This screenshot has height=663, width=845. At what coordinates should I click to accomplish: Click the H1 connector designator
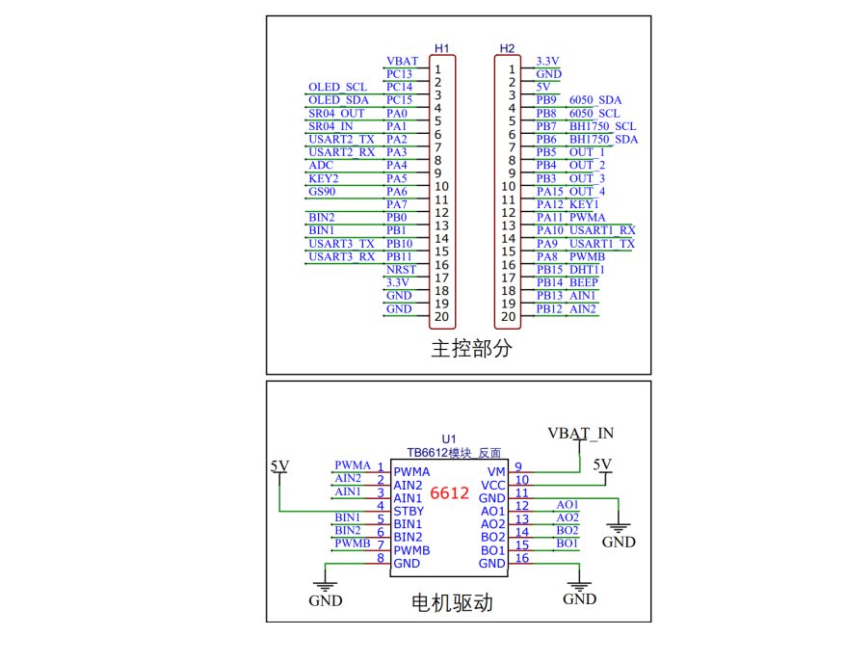(441, 48)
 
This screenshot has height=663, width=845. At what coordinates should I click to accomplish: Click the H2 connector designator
(507, 48)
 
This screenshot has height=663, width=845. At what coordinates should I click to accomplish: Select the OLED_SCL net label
(337, 88)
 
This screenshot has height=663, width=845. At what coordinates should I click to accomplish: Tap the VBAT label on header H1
(402, 61)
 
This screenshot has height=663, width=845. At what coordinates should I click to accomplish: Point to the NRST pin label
(401, 270)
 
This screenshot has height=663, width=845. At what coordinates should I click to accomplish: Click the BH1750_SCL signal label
(602, 126)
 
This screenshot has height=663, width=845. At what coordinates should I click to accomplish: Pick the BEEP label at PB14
(583, 283)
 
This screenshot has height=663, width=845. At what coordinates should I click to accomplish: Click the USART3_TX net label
(341, 244)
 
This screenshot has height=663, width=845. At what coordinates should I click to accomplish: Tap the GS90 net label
(323, 192)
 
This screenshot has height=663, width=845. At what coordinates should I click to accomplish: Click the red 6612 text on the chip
(449, 493)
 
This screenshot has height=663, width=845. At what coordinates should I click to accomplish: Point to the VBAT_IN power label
(580, 432)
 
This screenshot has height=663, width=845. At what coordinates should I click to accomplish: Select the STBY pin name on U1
(409, 511)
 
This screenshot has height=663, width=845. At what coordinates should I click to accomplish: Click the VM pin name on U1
(496, 471)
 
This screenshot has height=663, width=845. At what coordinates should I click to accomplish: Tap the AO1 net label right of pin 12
(568, 504)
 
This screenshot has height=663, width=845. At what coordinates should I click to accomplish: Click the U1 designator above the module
(449, 438)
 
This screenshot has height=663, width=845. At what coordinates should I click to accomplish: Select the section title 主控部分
(471, 349)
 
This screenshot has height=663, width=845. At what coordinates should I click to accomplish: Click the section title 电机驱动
(453, 603)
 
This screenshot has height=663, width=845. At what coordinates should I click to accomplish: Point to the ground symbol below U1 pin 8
(325, 583)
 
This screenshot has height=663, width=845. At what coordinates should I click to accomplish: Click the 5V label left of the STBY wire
(279, 465)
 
